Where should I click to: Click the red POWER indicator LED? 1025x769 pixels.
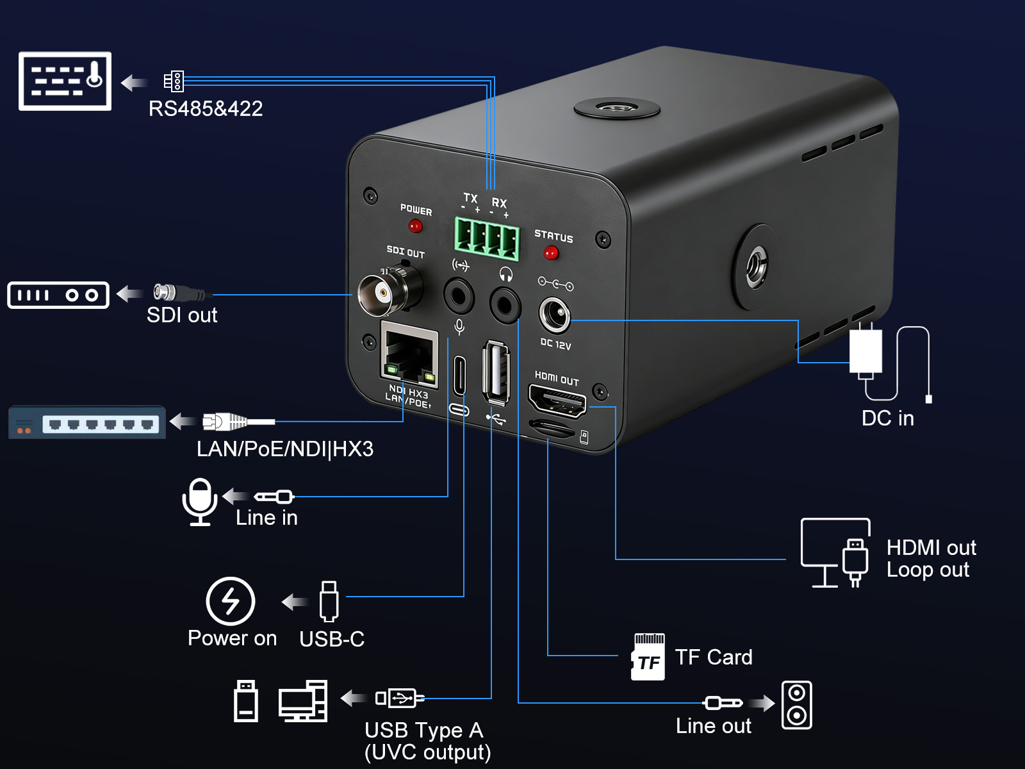[x=415, y=226]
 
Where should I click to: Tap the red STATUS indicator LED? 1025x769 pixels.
[x=550, y=253]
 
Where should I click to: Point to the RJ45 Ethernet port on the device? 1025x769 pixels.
[x=409, y=355]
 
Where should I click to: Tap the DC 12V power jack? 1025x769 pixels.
[x=554, y=315]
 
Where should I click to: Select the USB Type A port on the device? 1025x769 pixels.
[x=496, y=372]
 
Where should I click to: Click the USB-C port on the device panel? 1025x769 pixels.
[x=459, y=376]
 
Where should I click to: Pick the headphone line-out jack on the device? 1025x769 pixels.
[x=505, y=304]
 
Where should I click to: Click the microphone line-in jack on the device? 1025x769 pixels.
[x=459, y=297]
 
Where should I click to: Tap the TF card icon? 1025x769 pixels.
[x=648, y=657]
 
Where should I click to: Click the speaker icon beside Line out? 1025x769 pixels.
[x=796, y=705]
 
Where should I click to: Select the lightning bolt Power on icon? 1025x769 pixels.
[x=231, y=601]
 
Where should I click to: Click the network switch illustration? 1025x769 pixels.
[x=87, y=422]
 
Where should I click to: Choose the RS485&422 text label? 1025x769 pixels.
[x=206, y=109]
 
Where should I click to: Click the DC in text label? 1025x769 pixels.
[x=887, y=418]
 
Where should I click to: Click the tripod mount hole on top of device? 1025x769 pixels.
[x=616, y=107]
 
